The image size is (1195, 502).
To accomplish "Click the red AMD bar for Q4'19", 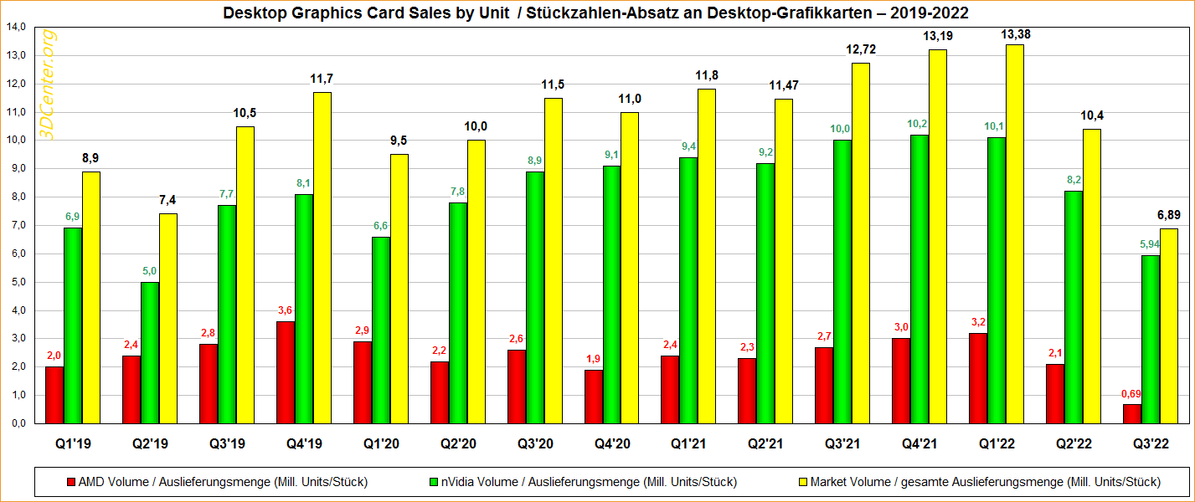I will [x=285, y=372].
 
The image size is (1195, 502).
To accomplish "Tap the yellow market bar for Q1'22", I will [x=1014, y=234].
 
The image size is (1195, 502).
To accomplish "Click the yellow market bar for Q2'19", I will [x=168, y=318].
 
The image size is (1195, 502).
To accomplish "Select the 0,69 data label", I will [x=1131, y=393].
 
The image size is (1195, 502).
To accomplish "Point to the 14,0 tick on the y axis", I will [x=16, y=28].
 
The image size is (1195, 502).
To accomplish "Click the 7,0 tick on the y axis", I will [x=16, y=225].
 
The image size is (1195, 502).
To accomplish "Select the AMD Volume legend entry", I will [x=218, y=481].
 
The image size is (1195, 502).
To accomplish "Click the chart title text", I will [x=597, y=13].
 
